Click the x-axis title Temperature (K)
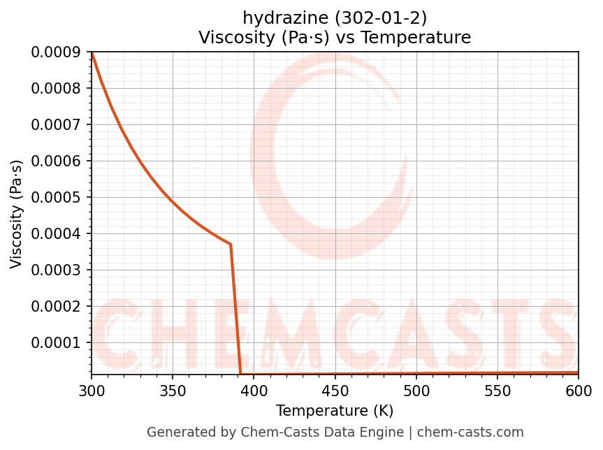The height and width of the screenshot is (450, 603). tap(335, 411)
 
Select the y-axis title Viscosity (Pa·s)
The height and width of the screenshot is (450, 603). tap(17, 214)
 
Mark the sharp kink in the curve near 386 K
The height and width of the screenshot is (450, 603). tap(231, 244)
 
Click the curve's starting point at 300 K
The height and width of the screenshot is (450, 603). tap(92, 52)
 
